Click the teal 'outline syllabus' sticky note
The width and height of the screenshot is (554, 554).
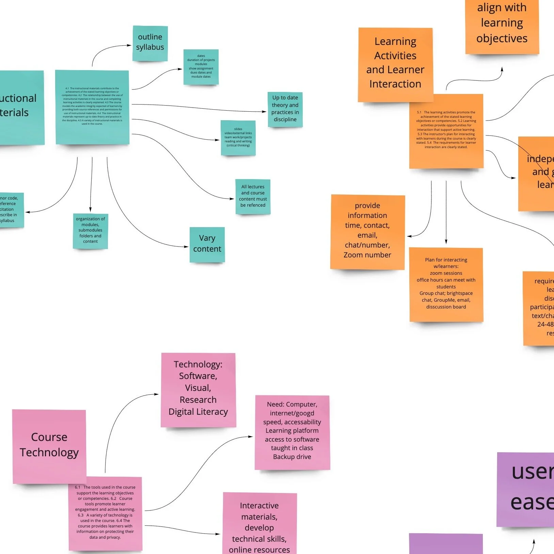pos(150,43)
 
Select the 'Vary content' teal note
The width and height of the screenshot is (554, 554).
pos(207,244)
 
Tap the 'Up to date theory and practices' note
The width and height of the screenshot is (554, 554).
pos(285,109)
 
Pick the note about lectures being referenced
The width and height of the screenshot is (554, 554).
pos(253,196)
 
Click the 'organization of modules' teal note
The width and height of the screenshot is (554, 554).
pos(90,231)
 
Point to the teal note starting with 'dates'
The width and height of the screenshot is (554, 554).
pos(201,67)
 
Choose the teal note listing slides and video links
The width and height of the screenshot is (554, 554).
pos(238,138)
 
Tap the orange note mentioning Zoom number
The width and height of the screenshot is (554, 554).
pos(367,232)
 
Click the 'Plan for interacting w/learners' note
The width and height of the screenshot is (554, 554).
pos(446,284)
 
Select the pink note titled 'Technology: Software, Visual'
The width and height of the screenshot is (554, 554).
pos(198,390)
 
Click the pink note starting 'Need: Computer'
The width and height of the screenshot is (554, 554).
pos(292,432)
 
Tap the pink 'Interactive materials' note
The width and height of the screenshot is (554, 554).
pos(259,524)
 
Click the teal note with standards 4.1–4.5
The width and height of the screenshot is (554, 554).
pos(92,107)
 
